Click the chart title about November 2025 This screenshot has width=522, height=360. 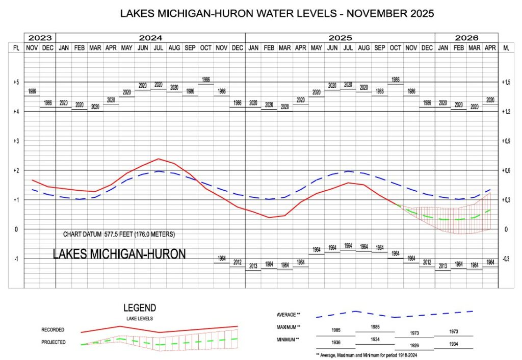(277, 14)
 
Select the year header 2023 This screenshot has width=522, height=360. (40, 38)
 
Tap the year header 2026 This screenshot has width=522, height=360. (466, 38)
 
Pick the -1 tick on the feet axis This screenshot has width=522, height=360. (15, 259)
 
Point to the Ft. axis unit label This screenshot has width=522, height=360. (15, 47)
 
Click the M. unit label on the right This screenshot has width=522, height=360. (507, 47)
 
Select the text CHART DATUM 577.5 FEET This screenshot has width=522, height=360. (119, 235)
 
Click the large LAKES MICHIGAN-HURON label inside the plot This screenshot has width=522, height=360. (119, 253)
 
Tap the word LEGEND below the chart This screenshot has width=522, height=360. (140, 308)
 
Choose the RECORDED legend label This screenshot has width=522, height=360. (53, 330)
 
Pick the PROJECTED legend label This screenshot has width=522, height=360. (54, 342)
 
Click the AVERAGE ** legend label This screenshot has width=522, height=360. (289, 315)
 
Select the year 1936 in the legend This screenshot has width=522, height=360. (336, 342)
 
